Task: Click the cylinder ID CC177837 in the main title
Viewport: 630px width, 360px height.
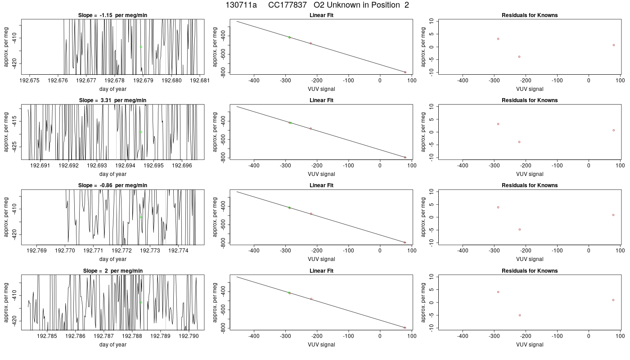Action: (x=287, y=5)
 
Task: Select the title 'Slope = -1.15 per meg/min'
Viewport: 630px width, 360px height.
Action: (x=112, y=15)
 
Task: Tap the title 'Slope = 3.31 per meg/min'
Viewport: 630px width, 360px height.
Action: (x=112, y=100)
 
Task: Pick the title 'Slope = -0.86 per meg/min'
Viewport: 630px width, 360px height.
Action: (x=112, y=185)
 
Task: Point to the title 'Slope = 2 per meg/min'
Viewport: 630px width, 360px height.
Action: (x=112, y=270)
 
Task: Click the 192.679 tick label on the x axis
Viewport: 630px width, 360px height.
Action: (x=143, y=81)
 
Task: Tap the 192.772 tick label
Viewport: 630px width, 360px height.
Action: (x=121, y=250)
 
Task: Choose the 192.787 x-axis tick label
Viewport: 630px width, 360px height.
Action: (x=103, y=336)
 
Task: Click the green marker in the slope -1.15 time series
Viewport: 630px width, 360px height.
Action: (x=141, y=47)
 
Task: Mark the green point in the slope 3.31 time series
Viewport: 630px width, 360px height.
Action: (x=141, y=132)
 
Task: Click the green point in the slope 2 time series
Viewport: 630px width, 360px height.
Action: (x=141, y=302)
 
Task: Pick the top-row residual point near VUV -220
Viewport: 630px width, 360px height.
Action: (x=519, y=57)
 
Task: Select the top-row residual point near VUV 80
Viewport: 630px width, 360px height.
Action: (x=614, y=45)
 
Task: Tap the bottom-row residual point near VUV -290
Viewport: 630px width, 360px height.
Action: (x=498, y=292)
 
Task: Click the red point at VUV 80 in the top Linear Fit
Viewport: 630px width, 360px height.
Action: (x=405, y=72)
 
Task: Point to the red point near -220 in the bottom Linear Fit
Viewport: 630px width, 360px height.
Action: (x=311, y=299)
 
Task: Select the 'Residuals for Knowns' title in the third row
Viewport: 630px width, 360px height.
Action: (x=530, y=185)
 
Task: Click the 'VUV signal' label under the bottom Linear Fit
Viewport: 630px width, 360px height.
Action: (x=321, y=345)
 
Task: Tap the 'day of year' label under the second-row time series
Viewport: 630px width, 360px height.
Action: (x=113, y=174)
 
